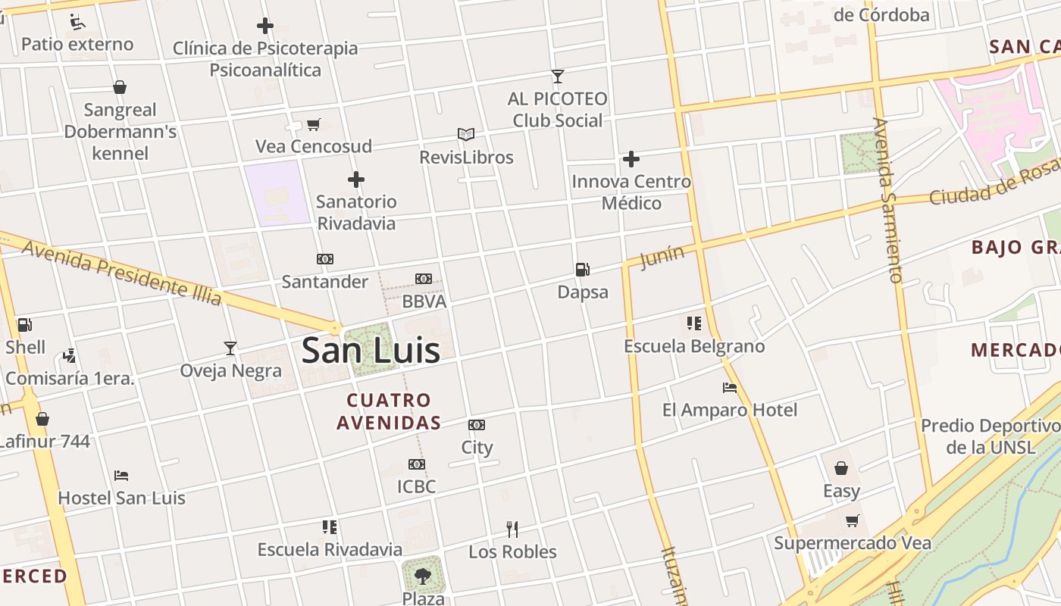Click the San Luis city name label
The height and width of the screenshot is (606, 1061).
coord(371,351)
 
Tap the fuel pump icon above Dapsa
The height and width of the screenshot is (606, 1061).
coord(582,269)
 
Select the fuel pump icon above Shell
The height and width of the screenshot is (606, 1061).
coord(24,325)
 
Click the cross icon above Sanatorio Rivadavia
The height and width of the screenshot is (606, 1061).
coord(356,180)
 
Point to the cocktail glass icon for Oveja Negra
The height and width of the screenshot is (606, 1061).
coord(230,348)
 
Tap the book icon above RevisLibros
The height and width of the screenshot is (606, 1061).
coord(466,135)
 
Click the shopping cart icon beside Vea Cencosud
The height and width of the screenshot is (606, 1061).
coord(313,124)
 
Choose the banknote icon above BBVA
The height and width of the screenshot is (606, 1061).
coord(424,279)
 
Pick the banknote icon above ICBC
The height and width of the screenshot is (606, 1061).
coord(416,464)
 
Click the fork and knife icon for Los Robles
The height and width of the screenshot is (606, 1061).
coord(512,529)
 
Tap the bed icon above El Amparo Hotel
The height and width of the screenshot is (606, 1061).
coord(730,388)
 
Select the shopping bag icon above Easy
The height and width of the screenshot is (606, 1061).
coord(841,468)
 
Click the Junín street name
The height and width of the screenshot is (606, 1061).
coord(662,257)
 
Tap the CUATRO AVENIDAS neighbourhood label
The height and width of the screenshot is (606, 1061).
coord(389,411)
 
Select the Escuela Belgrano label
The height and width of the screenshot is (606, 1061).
coord(694,346)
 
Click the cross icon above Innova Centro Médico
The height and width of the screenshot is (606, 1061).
coord(631,159)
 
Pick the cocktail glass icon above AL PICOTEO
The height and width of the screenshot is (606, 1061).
coord(558,77)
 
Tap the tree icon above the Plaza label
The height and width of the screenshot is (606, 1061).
coord(422,575)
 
